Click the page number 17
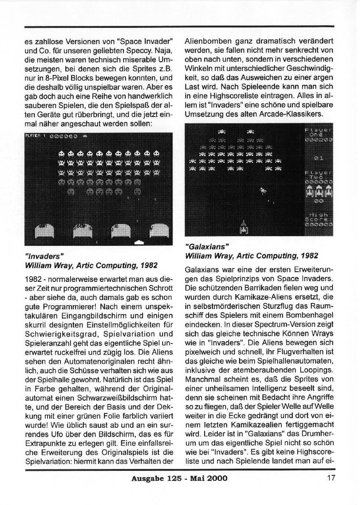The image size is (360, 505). coord(331,478)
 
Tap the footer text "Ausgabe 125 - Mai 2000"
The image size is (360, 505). coord(179,478)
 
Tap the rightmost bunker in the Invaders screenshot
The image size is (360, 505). coord(161,231)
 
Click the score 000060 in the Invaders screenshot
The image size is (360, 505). coord(63,136)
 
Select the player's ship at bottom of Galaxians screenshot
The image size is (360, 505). coord(243,227)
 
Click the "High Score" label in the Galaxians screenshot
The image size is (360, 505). coord(318,218)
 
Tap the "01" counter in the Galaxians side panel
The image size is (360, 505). coord(318,158)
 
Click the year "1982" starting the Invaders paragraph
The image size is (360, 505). coord(33,279)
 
